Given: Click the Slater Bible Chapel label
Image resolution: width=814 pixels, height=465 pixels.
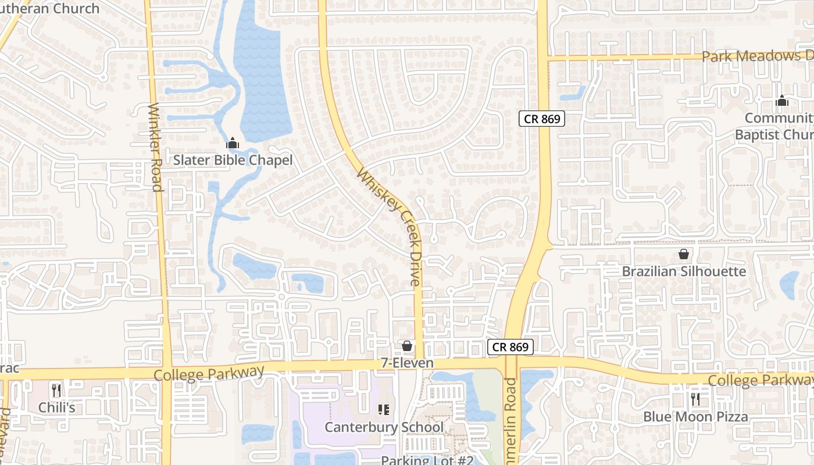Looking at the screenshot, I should (x=233, y=160).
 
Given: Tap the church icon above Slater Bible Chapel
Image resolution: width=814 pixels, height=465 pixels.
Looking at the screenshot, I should (x=233, y=142).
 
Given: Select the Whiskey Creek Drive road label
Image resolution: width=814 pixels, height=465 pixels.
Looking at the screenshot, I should (x=389, y=227).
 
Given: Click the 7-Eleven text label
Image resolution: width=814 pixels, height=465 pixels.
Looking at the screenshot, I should (x=407, y=363).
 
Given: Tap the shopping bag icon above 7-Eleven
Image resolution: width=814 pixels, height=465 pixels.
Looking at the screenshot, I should (x=407, y=346).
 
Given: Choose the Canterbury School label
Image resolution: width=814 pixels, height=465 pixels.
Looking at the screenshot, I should (x=384, y=427).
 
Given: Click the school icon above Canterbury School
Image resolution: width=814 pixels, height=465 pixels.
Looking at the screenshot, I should (x=383, y=410).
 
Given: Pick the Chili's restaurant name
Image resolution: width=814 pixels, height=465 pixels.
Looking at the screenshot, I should (x=56, y=407).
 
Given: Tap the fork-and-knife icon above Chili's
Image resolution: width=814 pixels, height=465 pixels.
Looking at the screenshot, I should (x=56, y=390).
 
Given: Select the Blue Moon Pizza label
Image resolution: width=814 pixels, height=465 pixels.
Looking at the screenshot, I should (x=695, y=417).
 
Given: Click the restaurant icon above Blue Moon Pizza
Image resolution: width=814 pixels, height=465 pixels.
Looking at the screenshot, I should (x=695, y=399).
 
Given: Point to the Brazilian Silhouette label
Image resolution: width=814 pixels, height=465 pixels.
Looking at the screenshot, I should (x=684, y=271).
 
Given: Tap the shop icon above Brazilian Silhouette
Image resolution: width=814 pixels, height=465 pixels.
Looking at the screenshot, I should (x=684, y=255).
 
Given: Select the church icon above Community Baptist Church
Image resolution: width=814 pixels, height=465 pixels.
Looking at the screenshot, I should (x=781, y=101).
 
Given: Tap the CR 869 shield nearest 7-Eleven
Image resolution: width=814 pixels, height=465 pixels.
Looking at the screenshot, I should (x=510, y=347).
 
